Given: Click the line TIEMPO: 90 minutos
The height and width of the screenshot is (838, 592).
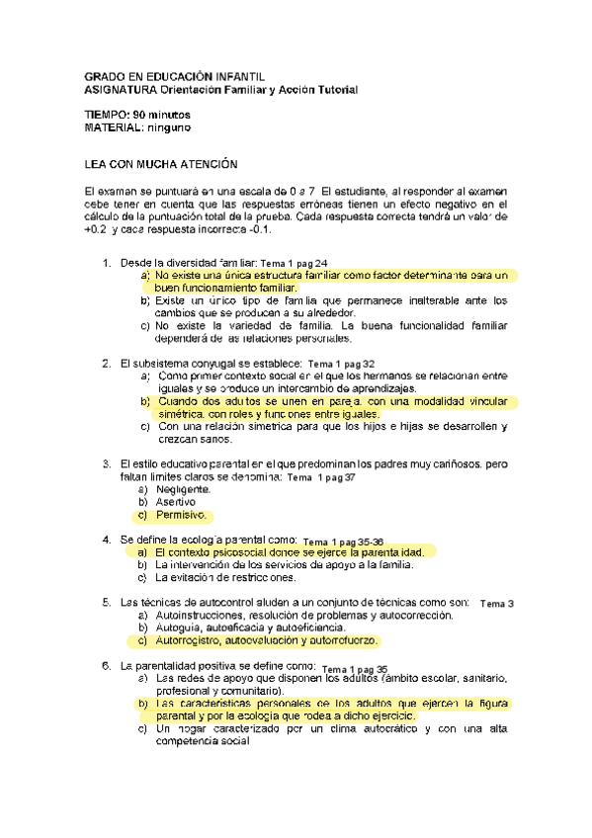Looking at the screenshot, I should (138, 115).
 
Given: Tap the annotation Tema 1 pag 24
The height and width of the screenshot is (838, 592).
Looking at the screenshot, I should (293, 264).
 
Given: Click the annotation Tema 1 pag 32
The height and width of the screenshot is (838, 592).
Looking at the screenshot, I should (341, 364).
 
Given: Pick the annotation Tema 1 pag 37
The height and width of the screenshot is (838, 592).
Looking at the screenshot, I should (320, 477).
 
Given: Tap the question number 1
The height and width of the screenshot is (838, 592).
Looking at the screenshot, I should (107, 263).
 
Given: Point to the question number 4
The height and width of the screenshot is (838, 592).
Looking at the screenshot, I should (107, 541).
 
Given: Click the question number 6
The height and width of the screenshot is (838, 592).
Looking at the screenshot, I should (107, 666).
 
